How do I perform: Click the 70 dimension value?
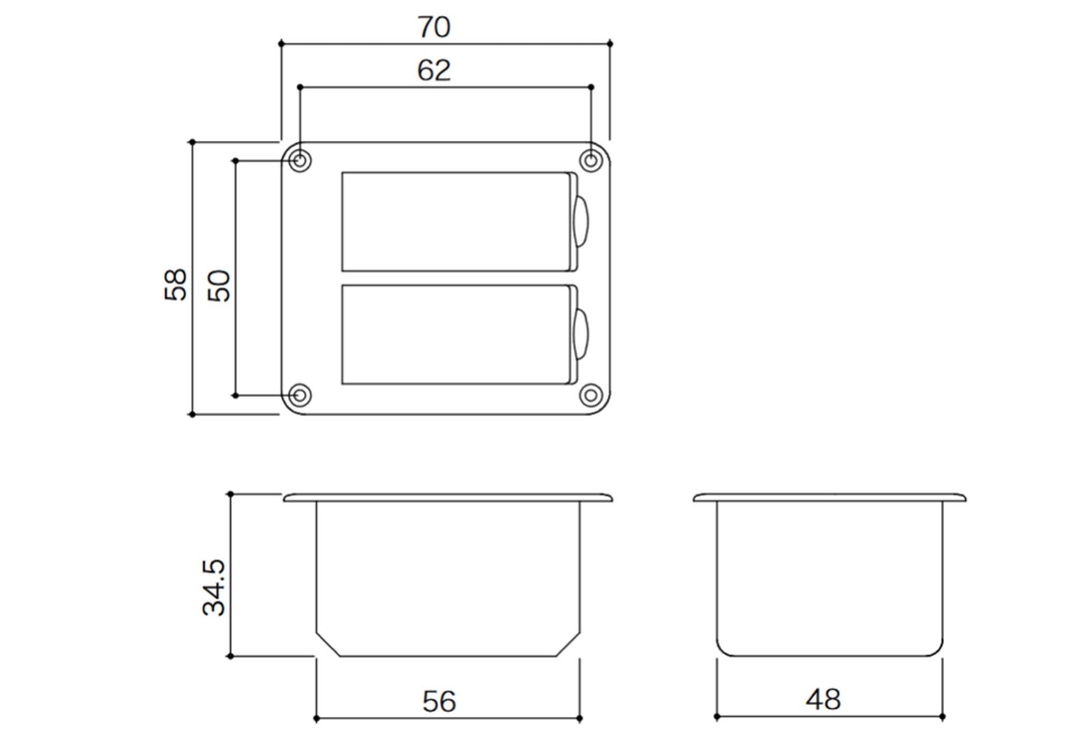pyautogui.click(x=434, y=27)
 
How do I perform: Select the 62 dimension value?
pyautogui.click(x=434, y=70)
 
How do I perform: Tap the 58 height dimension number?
pyautogui.click(x=175, y=284)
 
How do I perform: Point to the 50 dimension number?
pyautogui.click(x=219, y=286)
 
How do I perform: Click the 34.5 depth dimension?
pyautogui.click(x=214, y=587)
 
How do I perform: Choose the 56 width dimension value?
pyautogui.click(x=439, y=702)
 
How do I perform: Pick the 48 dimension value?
pyautogui.click(x=823, y=700)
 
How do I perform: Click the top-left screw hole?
pyautogui.click(x=300, y=160)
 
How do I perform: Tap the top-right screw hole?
pyautogui.click(x=591, y=160)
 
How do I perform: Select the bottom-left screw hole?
pyautogui.click(x=300, y=395)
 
